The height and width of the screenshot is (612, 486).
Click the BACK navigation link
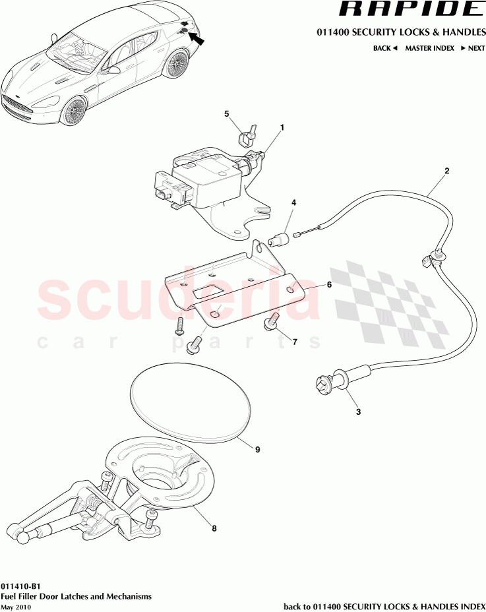click(385, 48)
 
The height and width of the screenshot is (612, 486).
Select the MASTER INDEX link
click(429, 48)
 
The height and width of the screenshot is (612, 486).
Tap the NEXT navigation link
click(473, 48)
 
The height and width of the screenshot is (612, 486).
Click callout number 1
click(282, 127)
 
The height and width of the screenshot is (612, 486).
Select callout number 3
click(359, 412)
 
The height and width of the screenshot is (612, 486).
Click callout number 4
click(294, 203)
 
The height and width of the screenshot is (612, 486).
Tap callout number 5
click(226, 113)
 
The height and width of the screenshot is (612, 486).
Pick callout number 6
click(328, 285)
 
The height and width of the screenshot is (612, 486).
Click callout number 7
click(294, 342)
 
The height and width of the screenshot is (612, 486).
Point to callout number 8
click(214, 528)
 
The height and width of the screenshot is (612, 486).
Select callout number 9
click(258, 450)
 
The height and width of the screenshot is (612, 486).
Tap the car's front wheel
click(75, 110)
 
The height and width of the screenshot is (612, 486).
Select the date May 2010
click(15, 607)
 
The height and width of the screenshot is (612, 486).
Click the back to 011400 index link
click(384, 606)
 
